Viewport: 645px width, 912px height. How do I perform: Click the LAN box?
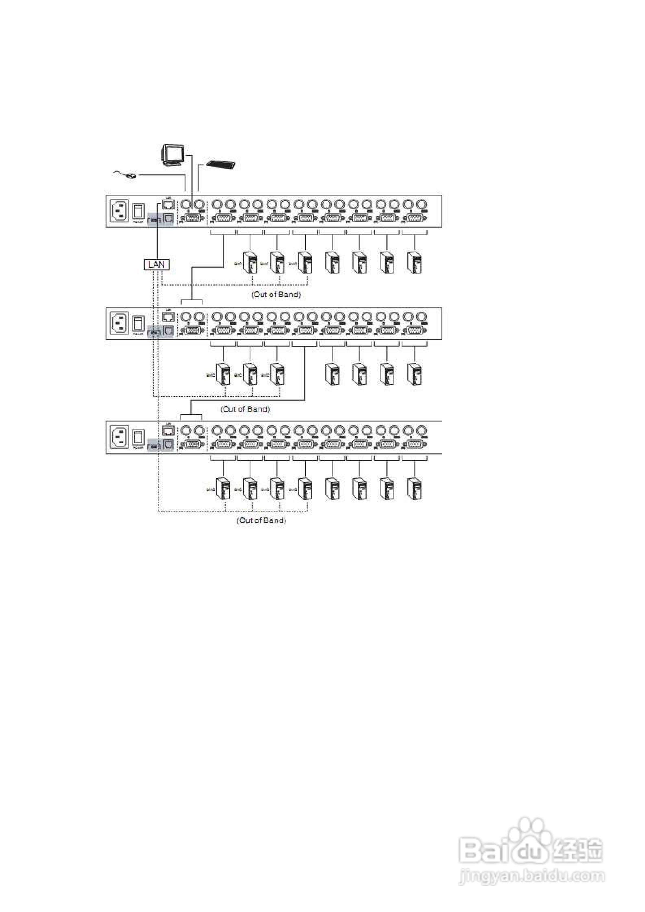point(157,265)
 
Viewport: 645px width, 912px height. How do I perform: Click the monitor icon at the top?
point(173,155)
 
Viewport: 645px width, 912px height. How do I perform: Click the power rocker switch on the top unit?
point(138,211)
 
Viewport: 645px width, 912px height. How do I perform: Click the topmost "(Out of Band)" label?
point(276,294)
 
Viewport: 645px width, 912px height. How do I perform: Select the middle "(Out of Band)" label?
point(245,409)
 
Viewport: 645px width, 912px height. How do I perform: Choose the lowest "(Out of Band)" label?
point(261,520)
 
